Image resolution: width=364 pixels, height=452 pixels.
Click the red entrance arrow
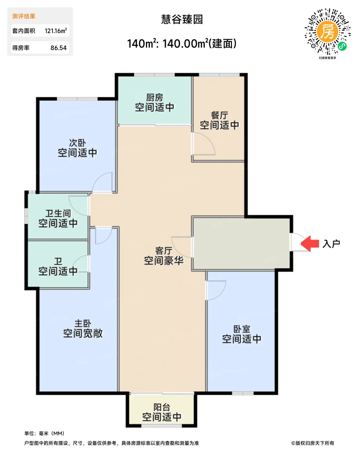click(310, 243)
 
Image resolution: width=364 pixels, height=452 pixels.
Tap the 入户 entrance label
click(331, 244)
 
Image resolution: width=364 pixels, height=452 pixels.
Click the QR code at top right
click(327, 32)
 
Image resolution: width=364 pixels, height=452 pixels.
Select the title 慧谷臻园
click(182, 19)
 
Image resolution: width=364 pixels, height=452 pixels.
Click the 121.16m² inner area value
click(56, 31)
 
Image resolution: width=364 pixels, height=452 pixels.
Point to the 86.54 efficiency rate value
click(58, 48)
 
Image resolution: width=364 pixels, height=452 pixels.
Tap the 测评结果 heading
click(24, 16)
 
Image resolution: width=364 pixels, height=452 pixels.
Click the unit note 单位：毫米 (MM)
click(44, 433)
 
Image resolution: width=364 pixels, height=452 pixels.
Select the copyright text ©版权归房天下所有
click(312, 443)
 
